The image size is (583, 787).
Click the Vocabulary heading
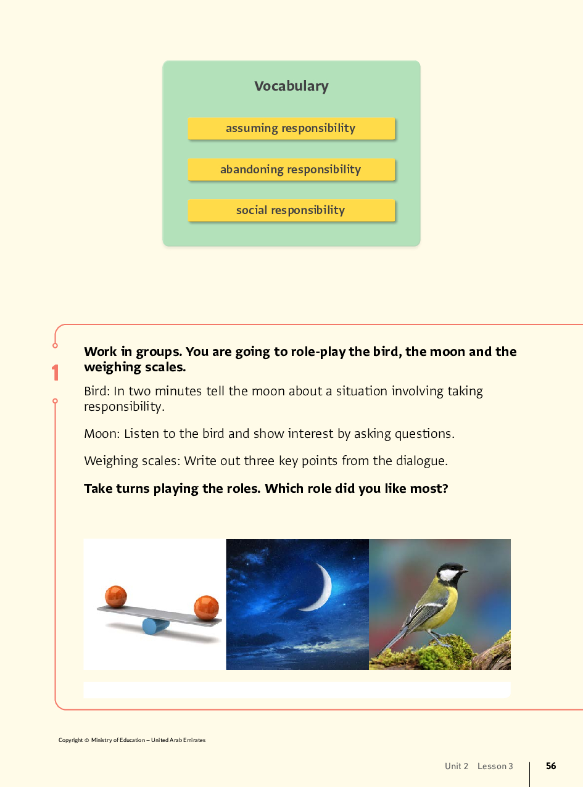point(291,86)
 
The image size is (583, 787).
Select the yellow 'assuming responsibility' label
point(291,128)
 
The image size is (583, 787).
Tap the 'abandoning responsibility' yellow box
point(291,170)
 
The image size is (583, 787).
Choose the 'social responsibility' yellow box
point(291,210)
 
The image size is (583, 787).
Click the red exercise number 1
point(56,373)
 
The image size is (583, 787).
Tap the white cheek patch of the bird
point(449,575)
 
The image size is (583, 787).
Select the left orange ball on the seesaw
point(115,596)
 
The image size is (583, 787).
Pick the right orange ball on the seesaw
point(206,607)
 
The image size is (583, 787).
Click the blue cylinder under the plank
point(155,626)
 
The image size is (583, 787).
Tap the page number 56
point(551,766)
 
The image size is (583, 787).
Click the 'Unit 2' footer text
point(457,766)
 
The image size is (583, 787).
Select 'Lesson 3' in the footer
point(495,766)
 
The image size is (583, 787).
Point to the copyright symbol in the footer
point(86,740)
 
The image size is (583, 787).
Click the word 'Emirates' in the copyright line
point(194,740)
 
